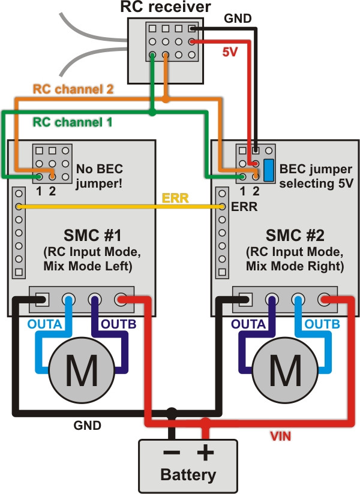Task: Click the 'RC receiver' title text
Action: coord(166,7)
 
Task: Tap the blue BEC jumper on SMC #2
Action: coord(269,170)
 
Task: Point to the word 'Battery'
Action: coord(188,475)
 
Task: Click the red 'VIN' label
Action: coord(279,436)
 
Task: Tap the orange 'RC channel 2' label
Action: coord(73,89)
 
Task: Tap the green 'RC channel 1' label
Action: coord(72,122)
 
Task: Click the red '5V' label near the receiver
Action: coord(230,52)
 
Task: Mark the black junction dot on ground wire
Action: coord(172,412)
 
